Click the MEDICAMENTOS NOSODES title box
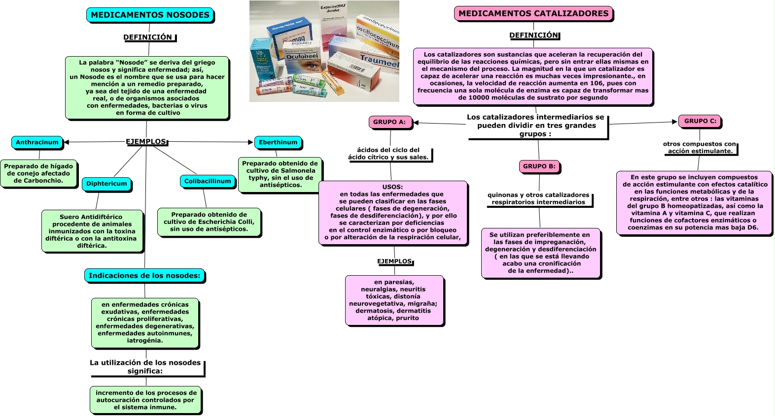(x=150, y=15)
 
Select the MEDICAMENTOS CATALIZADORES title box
(x=533, y=13)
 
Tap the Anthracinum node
(x=37, y=142)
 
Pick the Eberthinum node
(x=278, y=142)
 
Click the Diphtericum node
(x=106, y=184)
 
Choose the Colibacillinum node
(x=207, y=181)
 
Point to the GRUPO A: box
(x=390, y=122)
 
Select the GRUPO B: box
(x=539, y=166)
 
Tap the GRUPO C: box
(x=700, y=121)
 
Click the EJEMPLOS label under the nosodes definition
(x=146, y=142)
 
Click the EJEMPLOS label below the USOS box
(x=394, y=261)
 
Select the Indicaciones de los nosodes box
(x=144, y=276)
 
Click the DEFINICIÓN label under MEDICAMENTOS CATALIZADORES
(x=534, y=35)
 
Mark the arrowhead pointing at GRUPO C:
(x=674, y=122)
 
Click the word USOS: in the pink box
(x=392, y=187)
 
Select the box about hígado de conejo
(x=39, y=173)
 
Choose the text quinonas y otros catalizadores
(x=538, y=195)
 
